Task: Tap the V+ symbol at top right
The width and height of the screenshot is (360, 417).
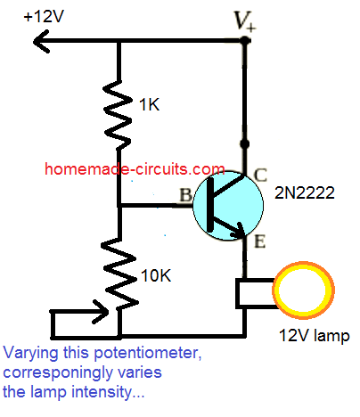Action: click(x=242, y=20)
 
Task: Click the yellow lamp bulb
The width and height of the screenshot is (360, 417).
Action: click(x=303, y=293)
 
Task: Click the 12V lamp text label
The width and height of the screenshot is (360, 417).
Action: click(x=302, y=338)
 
